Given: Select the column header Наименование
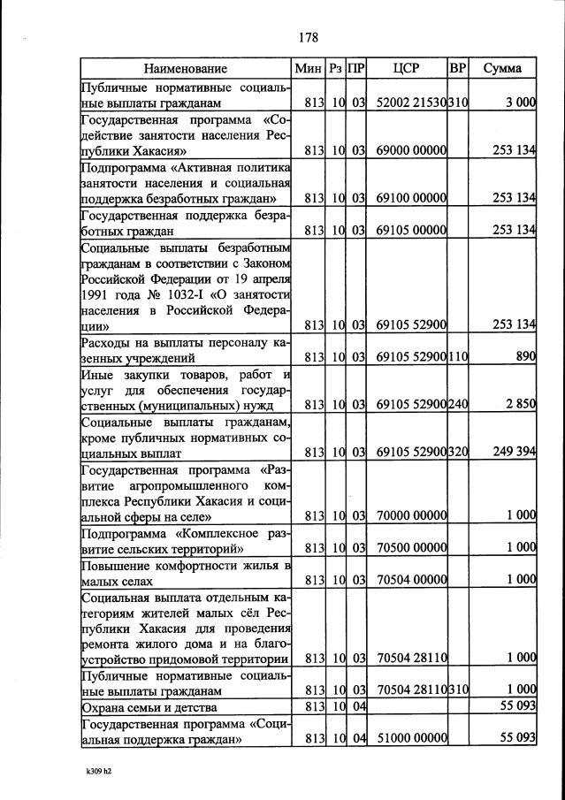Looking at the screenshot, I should pyautogui.click(x=186, y=68).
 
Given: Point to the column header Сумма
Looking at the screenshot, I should pyautogui.click(x=502, y=68).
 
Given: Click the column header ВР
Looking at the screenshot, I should pyautogui.click(x=457, y=68).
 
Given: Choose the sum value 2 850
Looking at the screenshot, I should pyautogui.click(x=521, y=405).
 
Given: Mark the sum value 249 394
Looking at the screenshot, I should pyautogui.click(x=514, y=452).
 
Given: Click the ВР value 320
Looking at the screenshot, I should pyautogui.click(x=457, y=452).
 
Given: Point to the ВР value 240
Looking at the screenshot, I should pyautogui.click(x=457, y=405).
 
